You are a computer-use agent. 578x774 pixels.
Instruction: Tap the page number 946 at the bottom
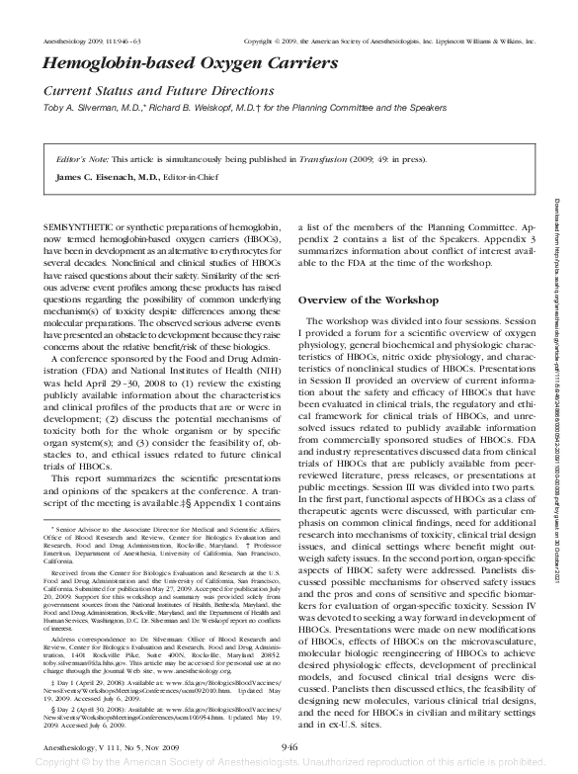point(289,745)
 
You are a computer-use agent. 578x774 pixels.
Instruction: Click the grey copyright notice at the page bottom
point(289,763)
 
